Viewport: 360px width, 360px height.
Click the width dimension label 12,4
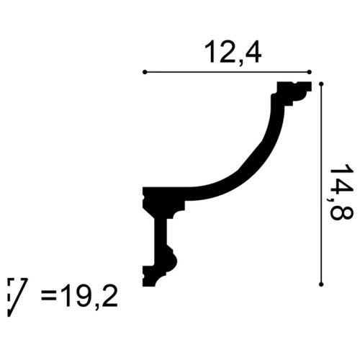tap(227, 52)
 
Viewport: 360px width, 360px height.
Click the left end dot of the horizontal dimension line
tap(145, 72)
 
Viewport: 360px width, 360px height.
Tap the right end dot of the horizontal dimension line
tap(310, 72)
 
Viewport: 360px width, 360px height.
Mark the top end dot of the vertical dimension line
tap(321, 84)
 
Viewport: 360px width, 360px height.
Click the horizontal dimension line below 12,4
tap(227, 72)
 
